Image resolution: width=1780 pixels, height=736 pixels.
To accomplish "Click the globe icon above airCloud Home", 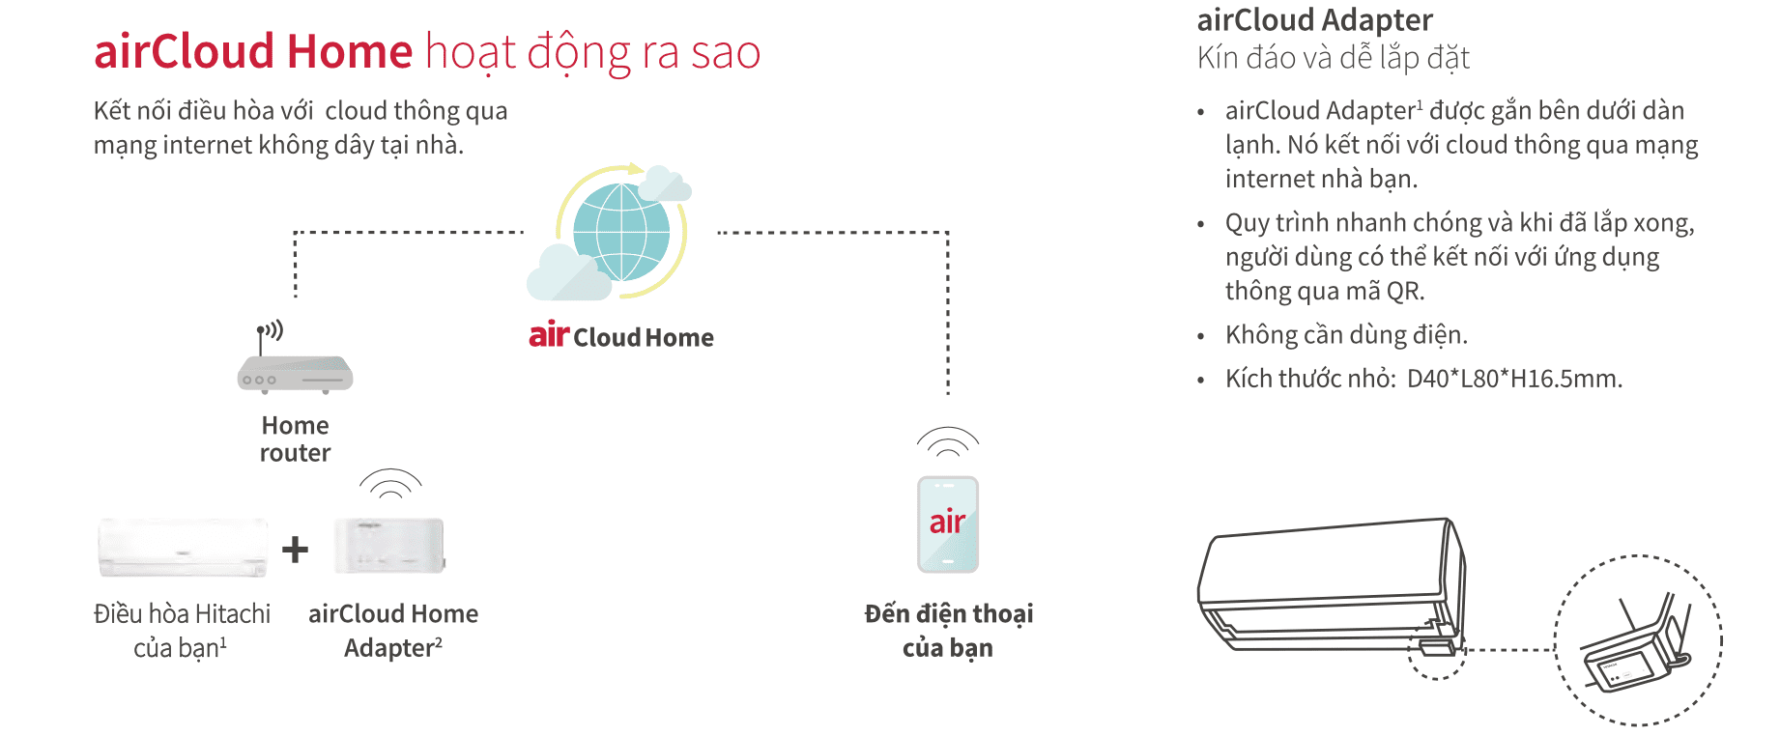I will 621,232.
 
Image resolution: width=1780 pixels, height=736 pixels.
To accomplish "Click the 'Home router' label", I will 295,439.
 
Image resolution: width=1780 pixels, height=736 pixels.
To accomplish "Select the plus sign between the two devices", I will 295,550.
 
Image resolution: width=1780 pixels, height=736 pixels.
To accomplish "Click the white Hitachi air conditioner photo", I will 183,548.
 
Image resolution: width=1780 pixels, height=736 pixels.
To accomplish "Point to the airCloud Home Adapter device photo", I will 389,546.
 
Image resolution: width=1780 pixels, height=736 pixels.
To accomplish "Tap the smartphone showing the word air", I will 948,524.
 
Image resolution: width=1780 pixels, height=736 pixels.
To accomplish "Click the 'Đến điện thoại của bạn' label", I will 948,630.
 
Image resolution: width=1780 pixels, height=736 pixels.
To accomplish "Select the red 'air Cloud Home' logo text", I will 620,336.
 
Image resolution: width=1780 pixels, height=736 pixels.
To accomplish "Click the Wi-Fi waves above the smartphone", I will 948,441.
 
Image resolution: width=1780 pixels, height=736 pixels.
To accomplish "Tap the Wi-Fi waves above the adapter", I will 390,483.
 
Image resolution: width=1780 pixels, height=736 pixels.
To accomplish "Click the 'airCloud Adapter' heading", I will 1314,20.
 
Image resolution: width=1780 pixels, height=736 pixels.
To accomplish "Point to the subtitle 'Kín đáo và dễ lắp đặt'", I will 1333,58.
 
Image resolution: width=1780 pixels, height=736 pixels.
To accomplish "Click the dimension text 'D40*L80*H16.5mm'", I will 1513,379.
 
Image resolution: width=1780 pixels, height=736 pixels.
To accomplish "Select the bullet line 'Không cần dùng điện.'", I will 1346,335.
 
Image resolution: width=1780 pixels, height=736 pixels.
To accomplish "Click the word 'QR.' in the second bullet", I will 1405,292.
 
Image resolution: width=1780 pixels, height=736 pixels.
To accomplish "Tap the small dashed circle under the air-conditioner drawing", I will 1436,649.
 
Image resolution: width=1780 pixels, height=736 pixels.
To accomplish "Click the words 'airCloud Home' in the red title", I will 253,51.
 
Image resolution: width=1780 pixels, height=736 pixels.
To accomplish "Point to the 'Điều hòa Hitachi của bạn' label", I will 182,630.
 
